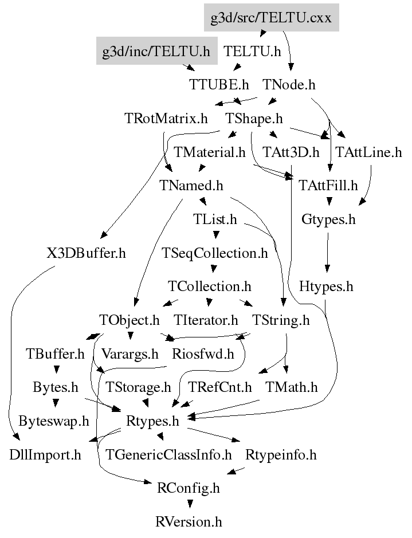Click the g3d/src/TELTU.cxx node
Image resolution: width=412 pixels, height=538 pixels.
pyautogui.click(x=272, y=18)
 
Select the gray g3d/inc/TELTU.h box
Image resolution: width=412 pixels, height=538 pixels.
pyautogui.click(x=157, y=51)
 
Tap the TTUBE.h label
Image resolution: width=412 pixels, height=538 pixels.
pyautogui.click(x=219, y=84)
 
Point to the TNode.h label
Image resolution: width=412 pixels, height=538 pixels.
pyautogui.click(x=289, y=84)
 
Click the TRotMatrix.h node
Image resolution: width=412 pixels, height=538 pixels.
pyautogui.click(x=166, y=119)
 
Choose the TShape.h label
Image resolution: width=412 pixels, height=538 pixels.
pyautogui.click(x=254, y=119)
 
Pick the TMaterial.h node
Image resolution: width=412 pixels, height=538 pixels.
pyautogui.click(x=210, y=152)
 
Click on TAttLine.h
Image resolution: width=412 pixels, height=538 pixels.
pyautogui.click(x=368, y=152)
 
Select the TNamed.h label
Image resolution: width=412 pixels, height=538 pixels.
pyautogui.click(x=191, y=186)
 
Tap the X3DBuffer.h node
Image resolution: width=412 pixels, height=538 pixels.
pyautogui.click(x=87, y=253)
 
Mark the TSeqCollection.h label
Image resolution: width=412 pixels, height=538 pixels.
pyautogui.click(x=215, y=253)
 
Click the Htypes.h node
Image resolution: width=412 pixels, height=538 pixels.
pyautogui.click(x=326, y=286)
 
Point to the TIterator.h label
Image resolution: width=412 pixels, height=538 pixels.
pyautogui.click(x=206, y=320)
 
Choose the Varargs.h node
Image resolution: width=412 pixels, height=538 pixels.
pyautogui.click(x=130, y=354)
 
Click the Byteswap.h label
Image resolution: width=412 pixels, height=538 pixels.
pyautogui.click(x=54, y=421)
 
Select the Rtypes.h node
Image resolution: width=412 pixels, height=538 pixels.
pyautogui.click(x=152, y=421)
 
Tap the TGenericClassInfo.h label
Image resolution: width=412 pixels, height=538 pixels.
pyautogui.click(x=168, y=455)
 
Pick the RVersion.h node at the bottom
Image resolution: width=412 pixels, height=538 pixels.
pyautogui.click(x=189, y=522)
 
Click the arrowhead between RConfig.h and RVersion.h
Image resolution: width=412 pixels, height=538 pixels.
pyautogui.click(x=190, y=504)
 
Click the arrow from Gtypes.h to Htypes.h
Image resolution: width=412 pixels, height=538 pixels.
pyautogui.click(x=327, y=253)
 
